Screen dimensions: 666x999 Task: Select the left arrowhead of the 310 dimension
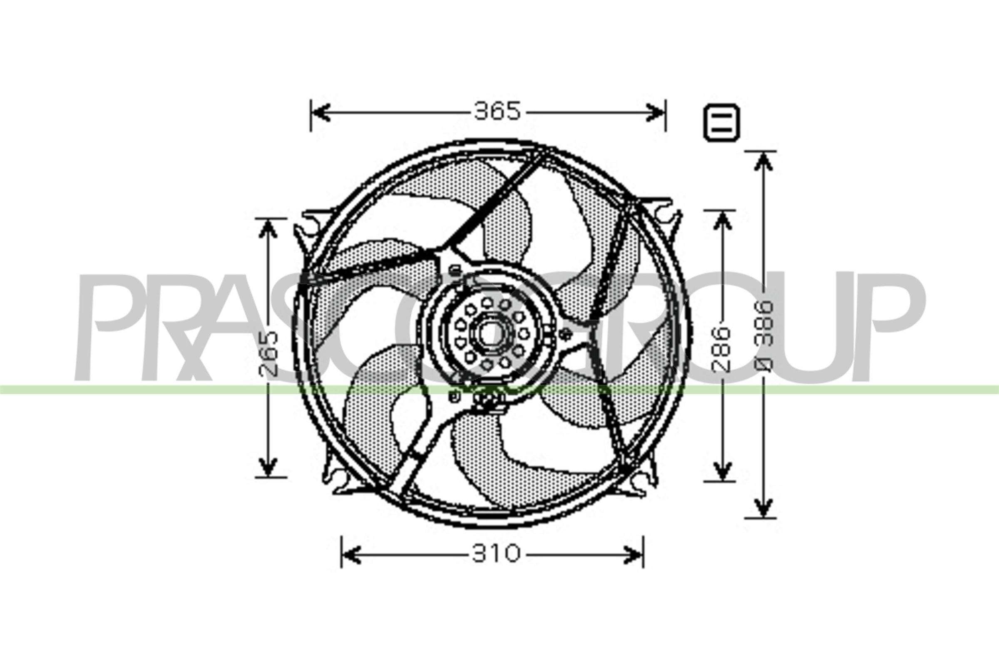click(351, 554)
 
